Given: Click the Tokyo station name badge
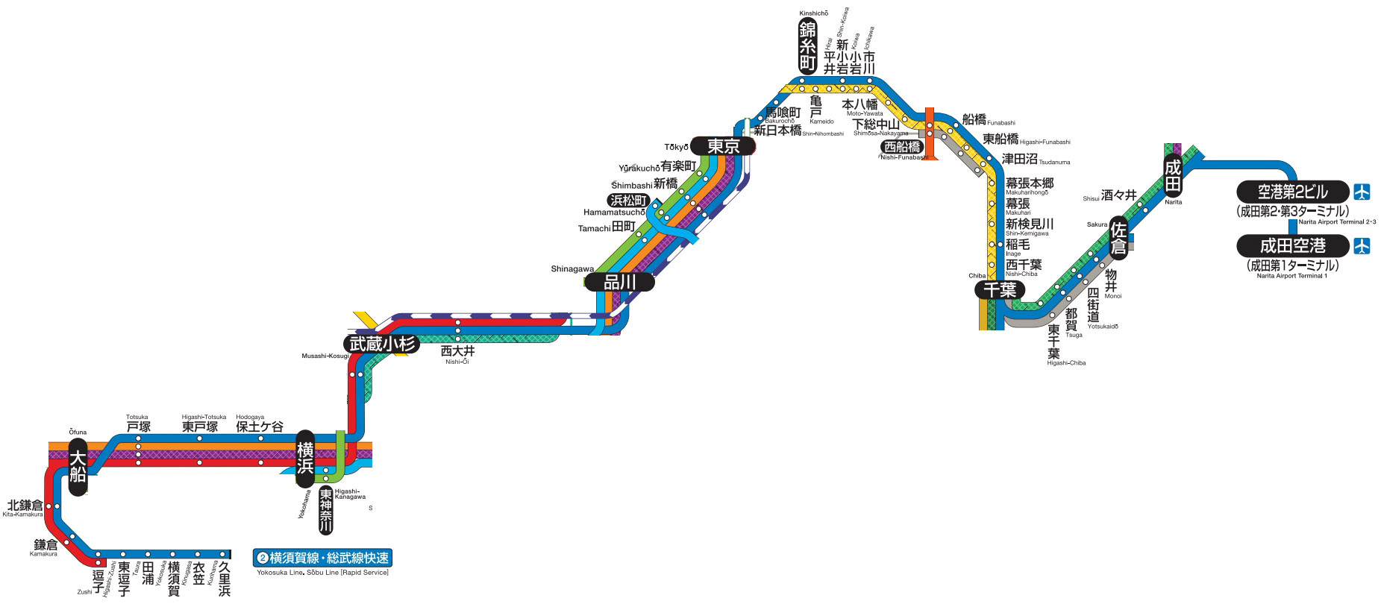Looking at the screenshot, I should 722,146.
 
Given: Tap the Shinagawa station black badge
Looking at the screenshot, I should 619,282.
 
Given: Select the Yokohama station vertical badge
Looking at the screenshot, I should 305,458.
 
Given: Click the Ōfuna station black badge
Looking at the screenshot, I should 78,467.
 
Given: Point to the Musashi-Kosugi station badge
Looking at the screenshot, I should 381,344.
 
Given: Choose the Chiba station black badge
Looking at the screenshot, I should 999,290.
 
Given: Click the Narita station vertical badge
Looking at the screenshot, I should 1173,176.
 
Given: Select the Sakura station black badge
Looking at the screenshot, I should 1118,238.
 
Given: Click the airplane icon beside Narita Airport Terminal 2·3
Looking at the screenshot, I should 1362,192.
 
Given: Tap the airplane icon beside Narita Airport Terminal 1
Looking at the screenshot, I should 1362,245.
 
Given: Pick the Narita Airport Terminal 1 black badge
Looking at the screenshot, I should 1292,245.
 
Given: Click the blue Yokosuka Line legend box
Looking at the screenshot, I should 322,558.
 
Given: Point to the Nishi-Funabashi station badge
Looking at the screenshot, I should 902,147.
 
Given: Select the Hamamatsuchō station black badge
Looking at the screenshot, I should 628,201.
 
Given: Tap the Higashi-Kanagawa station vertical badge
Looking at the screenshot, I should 326,511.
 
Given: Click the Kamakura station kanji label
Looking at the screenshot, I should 46,545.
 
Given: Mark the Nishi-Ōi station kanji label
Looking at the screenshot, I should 457,350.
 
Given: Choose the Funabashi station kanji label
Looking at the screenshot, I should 974,119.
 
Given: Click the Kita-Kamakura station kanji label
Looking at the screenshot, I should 25,506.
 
